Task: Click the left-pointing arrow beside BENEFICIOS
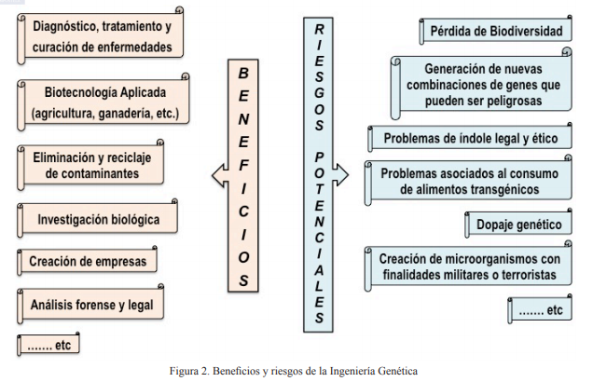coord(220,175)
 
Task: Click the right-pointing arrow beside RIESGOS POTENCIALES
coord(340,174)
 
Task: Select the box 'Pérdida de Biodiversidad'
coord(495,30)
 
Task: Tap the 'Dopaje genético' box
coord(518,224)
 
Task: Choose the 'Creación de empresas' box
coord(88,261)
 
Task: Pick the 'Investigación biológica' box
coord(98,219)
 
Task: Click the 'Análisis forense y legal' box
coord(90,305)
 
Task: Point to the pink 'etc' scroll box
coord(48,345)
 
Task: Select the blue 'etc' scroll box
coord(540,310)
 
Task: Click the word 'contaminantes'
coord(92,173)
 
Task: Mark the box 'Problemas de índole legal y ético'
coord(470,138)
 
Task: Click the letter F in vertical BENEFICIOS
coord(244,165)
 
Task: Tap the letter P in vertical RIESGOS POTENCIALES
coord(320,157)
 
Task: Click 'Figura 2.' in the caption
coord(189,371)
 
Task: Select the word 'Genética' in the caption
coord(398,371)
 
